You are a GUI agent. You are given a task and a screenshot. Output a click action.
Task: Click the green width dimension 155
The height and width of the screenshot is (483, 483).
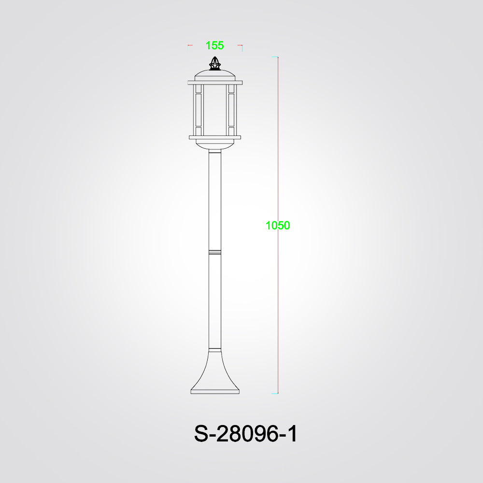pyautogui.click(x=214, y=45)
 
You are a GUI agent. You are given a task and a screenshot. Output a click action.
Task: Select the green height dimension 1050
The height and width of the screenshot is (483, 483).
pyautogui.click(x=278, y=226)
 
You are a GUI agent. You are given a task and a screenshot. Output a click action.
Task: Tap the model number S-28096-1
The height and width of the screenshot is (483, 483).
pyautogui.click(x=245, y=434)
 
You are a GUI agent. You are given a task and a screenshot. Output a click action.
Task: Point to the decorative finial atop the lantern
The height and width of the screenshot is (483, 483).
pyautogui.click(x=215, y=63)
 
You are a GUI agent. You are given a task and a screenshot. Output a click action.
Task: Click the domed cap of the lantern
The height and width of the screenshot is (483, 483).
pyautogui.click(x=215, y=75)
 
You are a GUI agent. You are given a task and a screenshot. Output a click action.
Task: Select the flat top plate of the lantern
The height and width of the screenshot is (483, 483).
pyautogui.click(x=215, y=83)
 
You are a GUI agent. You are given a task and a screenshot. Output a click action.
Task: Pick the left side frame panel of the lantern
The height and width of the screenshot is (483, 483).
pyautogui.click(x=198, y=110)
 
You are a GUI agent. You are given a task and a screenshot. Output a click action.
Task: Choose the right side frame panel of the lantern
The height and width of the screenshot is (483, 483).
pyautogui.click(x=231, y=110)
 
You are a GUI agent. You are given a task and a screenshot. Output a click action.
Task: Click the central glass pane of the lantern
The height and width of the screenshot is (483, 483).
pyautogui.click(x=215, y=110)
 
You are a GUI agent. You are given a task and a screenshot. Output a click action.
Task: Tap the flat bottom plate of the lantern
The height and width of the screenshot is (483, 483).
pyautogui.click(x=215, y=137)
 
